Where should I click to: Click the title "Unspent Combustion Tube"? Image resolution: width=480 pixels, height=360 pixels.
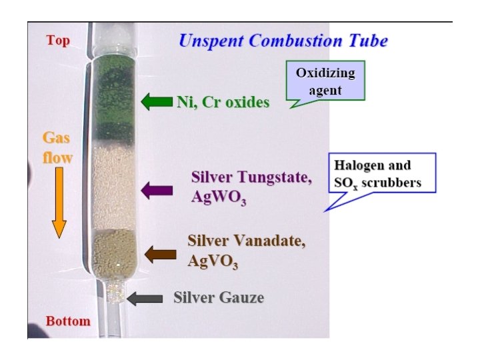(283, 40)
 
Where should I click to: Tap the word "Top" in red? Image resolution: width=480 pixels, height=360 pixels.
(58, 41)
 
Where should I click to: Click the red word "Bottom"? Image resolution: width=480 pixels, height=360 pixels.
(68, 321)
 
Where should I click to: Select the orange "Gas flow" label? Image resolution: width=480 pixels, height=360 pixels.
(57, 147)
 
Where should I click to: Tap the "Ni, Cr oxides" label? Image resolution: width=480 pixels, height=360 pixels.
(223, 102)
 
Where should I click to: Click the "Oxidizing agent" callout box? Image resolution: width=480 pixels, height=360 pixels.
(326, 81)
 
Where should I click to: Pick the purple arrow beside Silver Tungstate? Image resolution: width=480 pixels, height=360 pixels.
(157, 190)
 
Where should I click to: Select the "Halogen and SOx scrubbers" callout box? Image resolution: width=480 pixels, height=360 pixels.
(384, 173)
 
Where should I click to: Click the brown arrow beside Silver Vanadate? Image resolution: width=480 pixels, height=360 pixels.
(160, 254)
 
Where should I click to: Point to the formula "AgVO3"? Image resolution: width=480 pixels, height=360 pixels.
(213, 261)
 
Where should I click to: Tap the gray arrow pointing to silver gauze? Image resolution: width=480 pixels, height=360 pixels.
(145, 298)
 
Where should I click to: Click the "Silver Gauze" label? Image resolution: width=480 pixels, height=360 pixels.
(218, 297)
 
